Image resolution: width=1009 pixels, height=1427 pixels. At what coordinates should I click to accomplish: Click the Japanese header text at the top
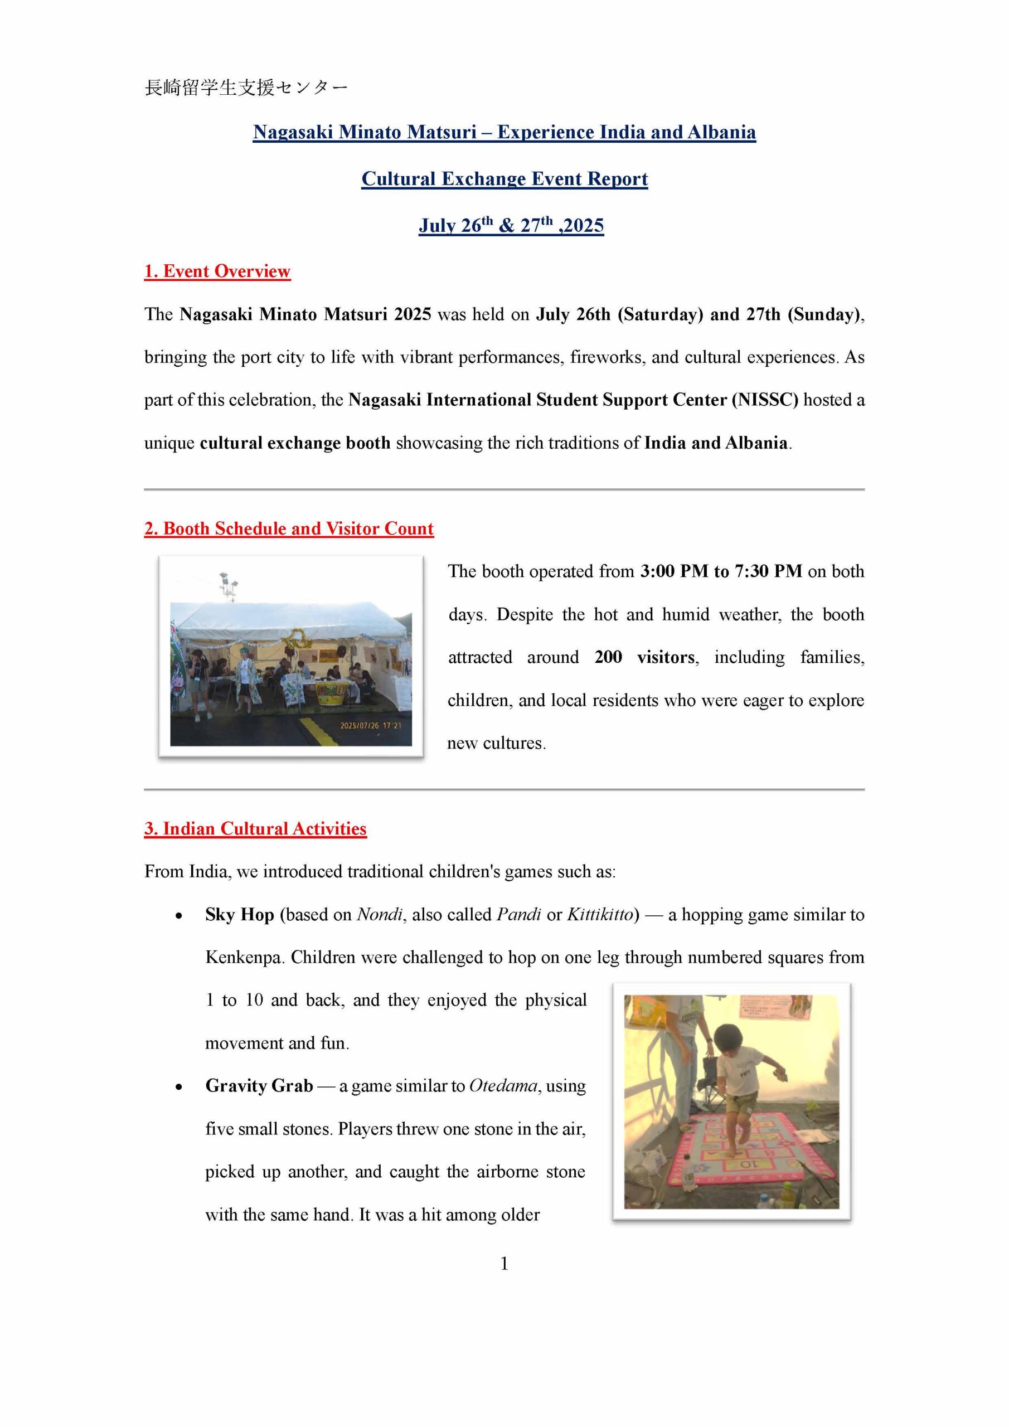246,88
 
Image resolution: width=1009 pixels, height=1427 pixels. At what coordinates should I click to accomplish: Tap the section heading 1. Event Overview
217,271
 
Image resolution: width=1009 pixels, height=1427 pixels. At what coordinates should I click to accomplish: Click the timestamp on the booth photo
371,725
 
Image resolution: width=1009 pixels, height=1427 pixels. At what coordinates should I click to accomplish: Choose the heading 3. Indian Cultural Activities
255,829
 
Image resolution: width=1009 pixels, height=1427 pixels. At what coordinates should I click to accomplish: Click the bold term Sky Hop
239,915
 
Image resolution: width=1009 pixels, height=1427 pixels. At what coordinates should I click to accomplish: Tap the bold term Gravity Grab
259,1086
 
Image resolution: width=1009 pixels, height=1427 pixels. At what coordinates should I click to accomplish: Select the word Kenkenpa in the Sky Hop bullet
244,957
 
